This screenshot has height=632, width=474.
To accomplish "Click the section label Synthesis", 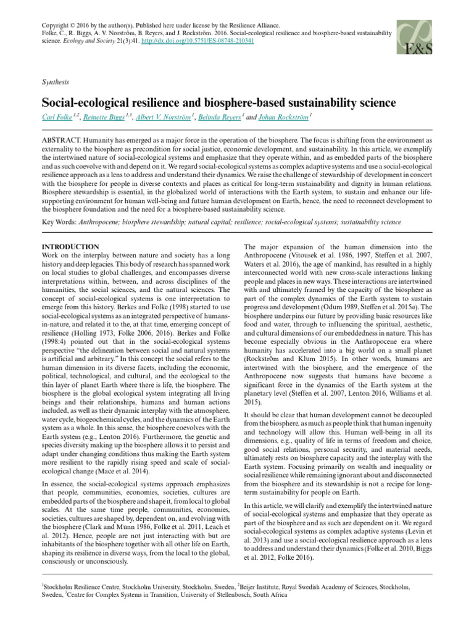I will [55, 81].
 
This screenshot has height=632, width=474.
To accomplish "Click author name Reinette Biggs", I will [104, 116].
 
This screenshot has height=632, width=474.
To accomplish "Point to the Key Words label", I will [59, 222].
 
